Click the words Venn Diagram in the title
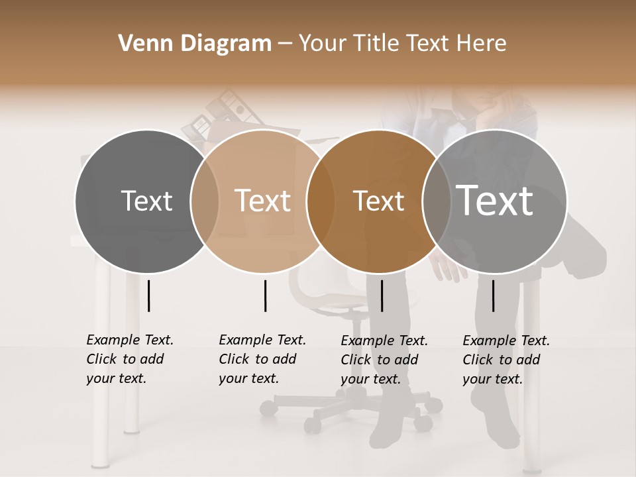(x=195, y=44)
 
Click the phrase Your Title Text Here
(x=402, y=44)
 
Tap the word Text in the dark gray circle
(x=147, y=201)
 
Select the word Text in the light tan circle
(x=263, y=201)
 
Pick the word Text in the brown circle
(x=379, y=201)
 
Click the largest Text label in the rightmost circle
(x=495, y=200)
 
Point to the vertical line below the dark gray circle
(x=148, y=295)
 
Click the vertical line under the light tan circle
(x=265, y=295)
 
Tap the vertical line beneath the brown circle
(x=382, y=295)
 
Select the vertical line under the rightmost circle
(x=493, y=295)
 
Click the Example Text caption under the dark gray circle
(x=129, y=359)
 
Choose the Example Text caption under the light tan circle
(x=262, y=359)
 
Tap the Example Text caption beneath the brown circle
(x=384, y=360)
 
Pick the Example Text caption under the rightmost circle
(x=505, y=360)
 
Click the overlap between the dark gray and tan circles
(x=205, y=201)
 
